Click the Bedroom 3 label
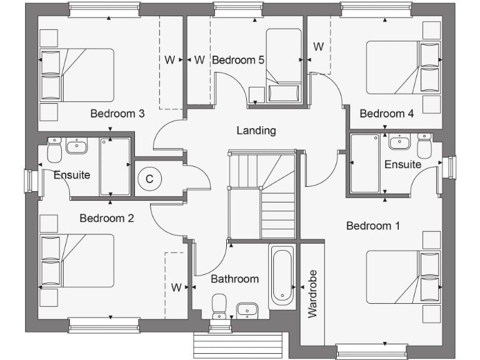[x=117, y=114]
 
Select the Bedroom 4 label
[x=386, y=114]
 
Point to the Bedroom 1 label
[x=373, y=226]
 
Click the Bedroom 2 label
[x=107, y=218]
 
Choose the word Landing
[x=256, y=131]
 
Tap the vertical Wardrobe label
[x=312, y=293]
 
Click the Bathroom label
[x=234, y=279]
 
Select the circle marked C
[x=149, y=179]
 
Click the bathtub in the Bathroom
[x=281, y=277]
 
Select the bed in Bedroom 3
[x=77, y=75]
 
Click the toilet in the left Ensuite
[x=54, y=149]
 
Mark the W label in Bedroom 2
[x=176, y=287]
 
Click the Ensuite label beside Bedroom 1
[x=402, y=165]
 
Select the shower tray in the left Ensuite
[x=115, y=167]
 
